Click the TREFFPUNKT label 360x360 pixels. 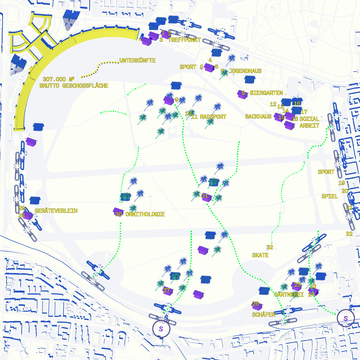coord(185,40)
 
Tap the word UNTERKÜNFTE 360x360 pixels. coord(137,61)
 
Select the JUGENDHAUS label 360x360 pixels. coord(245,71)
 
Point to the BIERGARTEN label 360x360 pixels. coord(267,93)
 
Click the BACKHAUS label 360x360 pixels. coord(258,117)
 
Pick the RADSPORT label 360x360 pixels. coord(213,117)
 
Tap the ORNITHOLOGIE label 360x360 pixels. coord(145,214)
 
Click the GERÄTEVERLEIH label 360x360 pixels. coord(56,211)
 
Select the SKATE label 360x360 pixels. coord(260,255)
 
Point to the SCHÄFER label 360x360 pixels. coord(264,315)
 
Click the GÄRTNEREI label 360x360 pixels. coord(289,295)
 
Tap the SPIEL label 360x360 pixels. coord(330,196)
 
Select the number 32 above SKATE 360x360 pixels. coord(270,247)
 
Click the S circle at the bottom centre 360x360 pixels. coord(161,328)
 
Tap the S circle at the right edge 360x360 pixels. coord(346,318)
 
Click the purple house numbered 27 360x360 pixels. coord(168,291)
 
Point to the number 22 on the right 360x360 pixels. coord(349,234)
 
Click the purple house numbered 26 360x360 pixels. coord(257,305)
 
